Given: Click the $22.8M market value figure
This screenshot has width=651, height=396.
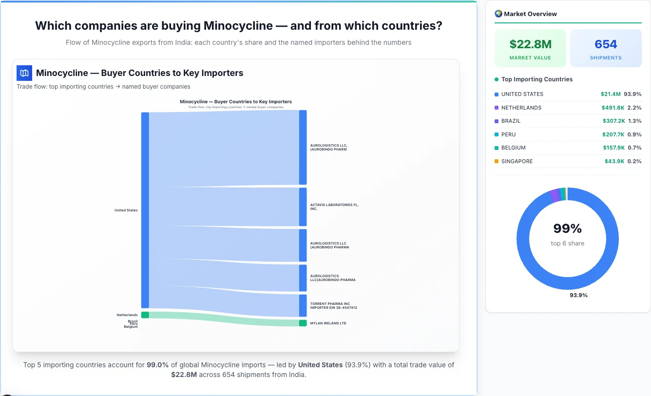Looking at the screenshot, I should (x=530, y=44).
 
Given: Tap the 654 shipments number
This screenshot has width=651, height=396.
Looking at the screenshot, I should (x=606, y=44).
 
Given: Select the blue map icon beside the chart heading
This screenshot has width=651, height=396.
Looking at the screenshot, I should (x=24, y=73).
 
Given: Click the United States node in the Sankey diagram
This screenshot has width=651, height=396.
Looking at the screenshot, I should (x=145, y=210).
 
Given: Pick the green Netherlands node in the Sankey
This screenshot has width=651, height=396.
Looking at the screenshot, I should (x=145, y=315).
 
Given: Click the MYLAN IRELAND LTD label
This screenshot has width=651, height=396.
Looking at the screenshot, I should (x=328, y=323).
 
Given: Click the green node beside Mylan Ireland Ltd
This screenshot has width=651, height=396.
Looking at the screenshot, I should (x=303, y=323).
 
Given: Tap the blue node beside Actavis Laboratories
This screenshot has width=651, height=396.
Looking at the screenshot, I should (x=303, y=207).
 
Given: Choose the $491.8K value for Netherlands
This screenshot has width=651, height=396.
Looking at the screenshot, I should (x=613, y=108).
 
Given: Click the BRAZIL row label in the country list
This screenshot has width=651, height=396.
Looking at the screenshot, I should (x=511, y=121).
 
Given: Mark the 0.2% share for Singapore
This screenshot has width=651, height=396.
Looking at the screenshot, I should (x=634, y=161).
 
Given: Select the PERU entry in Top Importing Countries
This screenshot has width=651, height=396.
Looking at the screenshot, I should (x=508, y=134).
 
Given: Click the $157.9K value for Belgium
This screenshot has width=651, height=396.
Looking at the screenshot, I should (x=613, y=148).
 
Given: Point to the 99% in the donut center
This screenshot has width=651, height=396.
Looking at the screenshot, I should (x=567, y=228).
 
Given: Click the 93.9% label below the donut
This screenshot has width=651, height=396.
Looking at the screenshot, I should (x=578, y=295).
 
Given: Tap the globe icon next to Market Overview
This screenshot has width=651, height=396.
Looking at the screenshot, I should (x=498, y=14).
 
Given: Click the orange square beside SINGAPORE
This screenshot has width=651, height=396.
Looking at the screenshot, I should (x=497, y=161).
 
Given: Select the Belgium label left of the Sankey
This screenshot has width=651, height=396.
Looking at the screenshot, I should (x=131, y=327).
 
